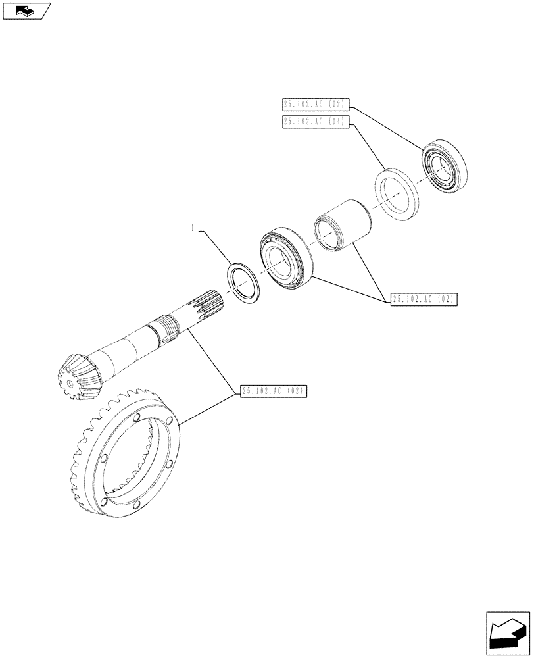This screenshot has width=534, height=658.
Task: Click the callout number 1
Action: point(192,229)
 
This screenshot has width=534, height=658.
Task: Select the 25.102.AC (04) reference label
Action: point(316,121)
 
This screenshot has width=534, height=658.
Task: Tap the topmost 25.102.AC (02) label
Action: point(316,104)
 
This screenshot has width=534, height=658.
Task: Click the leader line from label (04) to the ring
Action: point(368,148)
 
